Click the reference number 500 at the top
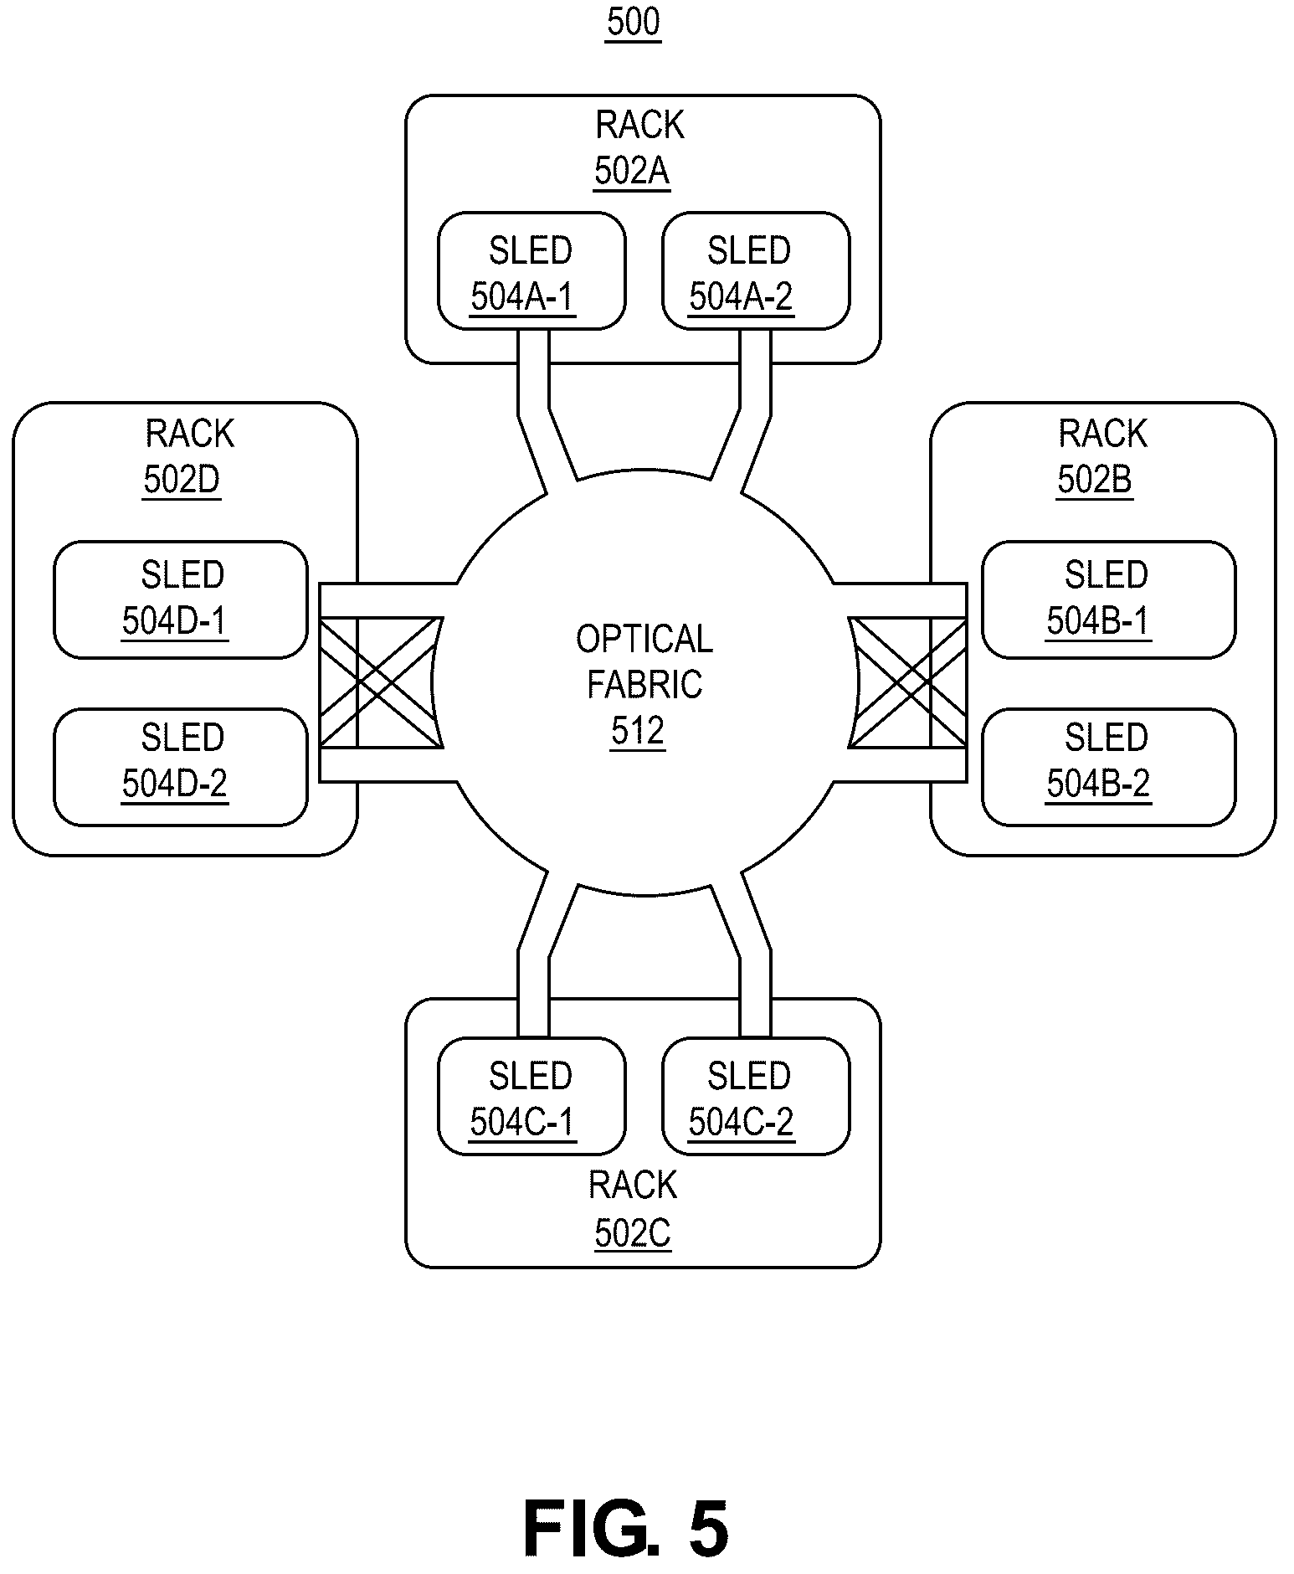[634, 23]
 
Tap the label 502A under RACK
[632, 172]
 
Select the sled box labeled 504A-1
[531, 270]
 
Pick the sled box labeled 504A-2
[756, 270]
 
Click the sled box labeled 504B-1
[1108, 599]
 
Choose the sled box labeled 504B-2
[1108, 767]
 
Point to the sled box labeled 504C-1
[531, 1096]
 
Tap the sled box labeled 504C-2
[756, 1096]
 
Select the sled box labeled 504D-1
[181, 599]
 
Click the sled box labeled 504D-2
[181, 767]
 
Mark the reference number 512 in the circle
[638, 731]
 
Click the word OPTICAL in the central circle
[644, 639]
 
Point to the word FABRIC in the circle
[644, 685]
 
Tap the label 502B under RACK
[1094, 481]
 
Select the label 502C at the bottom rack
[633, 1233]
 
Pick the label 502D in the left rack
[182, 481]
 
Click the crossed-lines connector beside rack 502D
[381, 682]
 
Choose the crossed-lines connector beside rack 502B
[907, 682]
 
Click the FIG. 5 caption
[626, 1528]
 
